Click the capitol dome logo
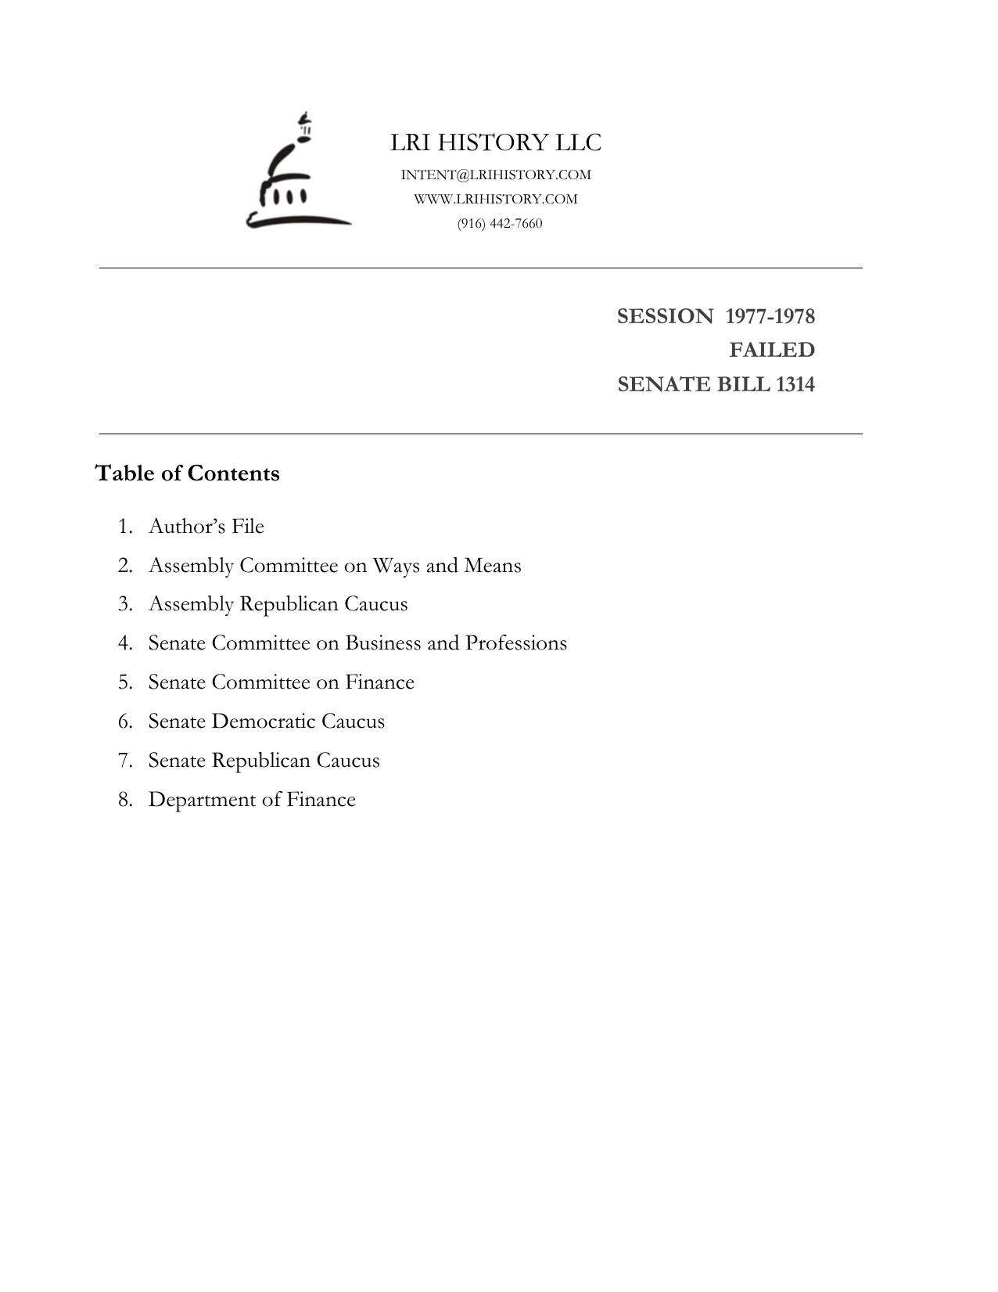coord(298,174)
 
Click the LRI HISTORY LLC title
coord(496,142)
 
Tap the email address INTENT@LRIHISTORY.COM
coord(496,175)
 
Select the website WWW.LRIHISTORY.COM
coord(496,199)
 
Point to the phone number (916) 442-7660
coord(500,223)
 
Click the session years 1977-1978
coord(770,316)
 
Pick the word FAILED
coord(772,350)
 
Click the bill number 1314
coord(795,384)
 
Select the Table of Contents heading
coord(187,473)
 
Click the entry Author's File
coord(206,526)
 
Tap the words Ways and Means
coord(447,565)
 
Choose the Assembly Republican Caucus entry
coord(278,604)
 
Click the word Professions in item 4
coord(516,642)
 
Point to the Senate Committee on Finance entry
coord(281,682)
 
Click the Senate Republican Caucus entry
coord(264,760)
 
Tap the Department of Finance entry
coord(252,799)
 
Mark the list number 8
coord(125,799)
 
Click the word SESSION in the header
coord(665,316)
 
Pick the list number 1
coord(125,526)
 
